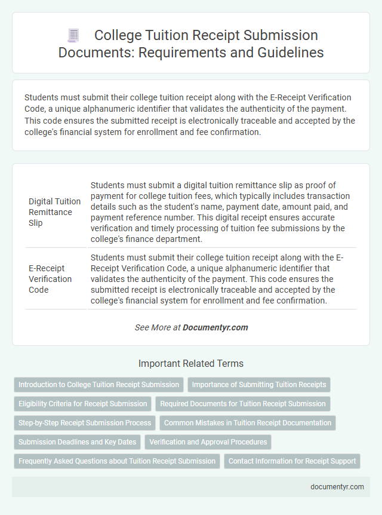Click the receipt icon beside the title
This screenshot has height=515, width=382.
coord(74,36)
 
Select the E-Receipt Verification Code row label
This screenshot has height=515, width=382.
coord(50,279)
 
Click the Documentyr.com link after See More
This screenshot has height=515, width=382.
coord(215,327)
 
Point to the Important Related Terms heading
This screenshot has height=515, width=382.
coord(191,363)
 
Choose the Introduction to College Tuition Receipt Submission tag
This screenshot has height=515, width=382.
coord(98,385)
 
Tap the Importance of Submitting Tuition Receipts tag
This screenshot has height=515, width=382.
coord(259,385)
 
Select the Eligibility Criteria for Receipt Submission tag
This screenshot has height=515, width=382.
coord(82,404)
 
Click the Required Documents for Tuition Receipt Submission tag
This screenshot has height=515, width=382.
coord(243,404)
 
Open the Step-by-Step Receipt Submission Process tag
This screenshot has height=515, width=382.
coord(85,423)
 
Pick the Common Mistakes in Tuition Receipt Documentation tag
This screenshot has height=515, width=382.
coord(248,423)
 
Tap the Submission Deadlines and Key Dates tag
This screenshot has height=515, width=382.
coord(77,442)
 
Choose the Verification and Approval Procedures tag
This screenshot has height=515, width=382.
coord(208,442)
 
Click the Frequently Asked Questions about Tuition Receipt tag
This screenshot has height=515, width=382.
coord(117,461)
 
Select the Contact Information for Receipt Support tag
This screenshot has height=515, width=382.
coord(292,461)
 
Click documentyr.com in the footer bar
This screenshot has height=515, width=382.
coord(337,487)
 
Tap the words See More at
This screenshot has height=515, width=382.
coord(158,327)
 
